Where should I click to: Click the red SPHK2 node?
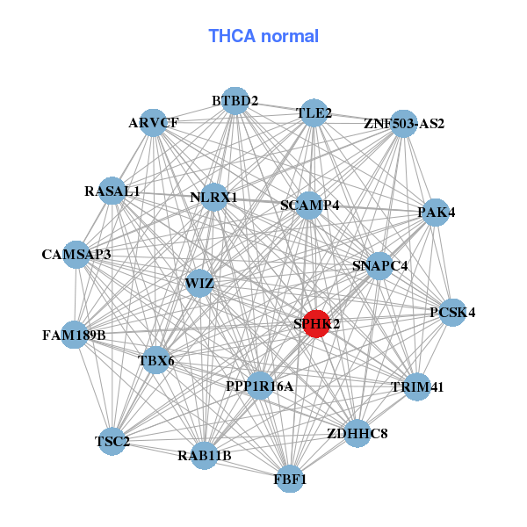(x=316, y=323)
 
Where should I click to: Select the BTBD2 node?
(x=235, y=101)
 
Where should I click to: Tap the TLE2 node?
(x=314, y=113)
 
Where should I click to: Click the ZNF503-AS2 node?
(x=403, y=123)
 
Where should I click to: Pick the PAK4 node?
(x=437, y=212)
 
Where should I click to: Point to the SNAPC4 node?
(x=379, y=265)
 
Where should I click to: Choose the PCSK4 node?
(x=452, y=313)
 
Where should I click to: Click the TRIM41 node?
(x=417, y=386)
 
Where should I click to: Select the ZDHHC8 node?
(x=357, y=432)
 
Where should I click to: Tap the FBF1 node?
(x=291, y=479)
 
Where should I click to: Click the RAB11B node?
(x=204, y=455)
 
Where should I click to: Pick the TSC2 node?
(x=112, y=440)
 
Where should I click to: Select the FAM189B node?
(x=74, y=335)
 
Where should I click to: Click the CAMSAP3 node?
(x=76, y=255)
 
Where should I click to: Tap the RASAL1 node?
(x=112, y=191)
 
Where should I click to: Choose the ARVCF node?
(x=153, y=123)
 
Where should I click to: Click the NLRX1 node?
(x=213, y=198)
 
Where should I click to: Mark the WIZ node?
(x=199, y=283)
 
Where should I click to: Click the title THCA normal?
(x=263, y=36)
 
